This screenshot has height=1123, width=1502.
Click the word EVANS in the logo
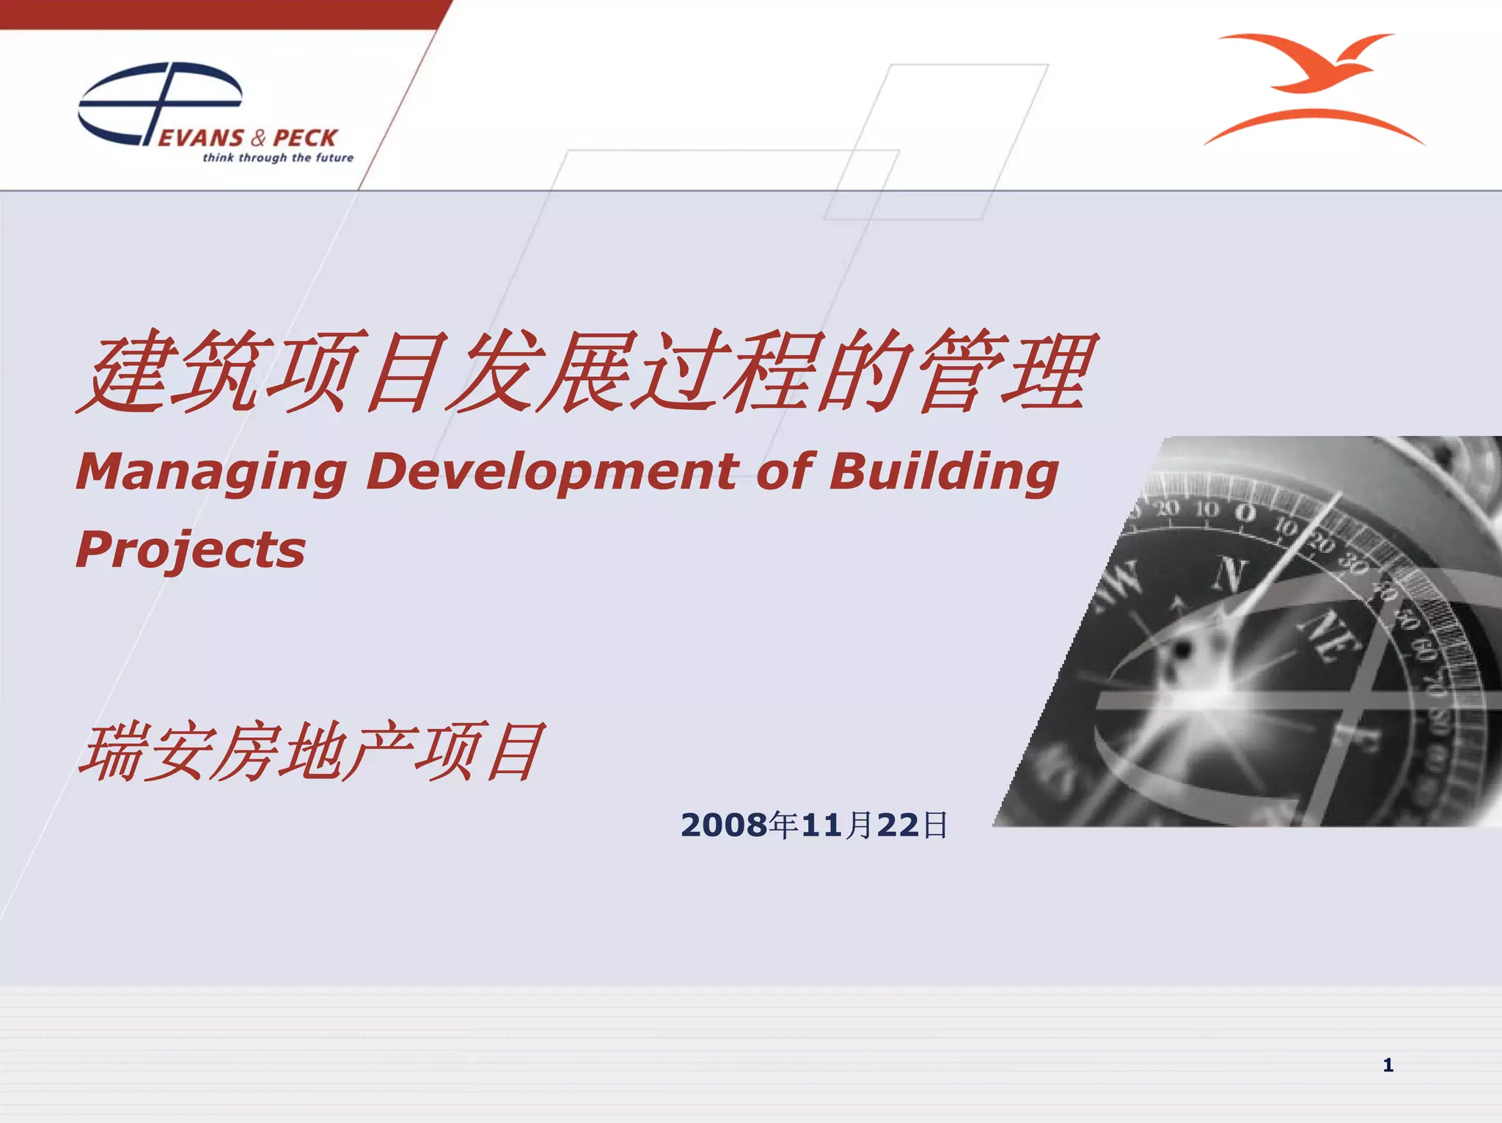click(x=201, y=138)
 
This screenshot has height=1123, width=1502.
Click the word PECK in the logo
click(x=304, y=138)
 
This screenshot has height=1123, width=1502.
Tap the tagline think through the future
click(x=277, y=158)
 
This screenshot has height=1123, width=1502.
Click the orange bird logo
click(x=1313, y=88)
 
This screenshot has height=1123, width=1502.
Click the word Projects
click(x=191, y=550)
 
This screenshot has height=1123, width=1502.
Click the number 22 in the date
click(x=898, y=825)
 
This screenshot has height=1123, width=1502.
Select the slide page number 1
click(x=1388, y=1065)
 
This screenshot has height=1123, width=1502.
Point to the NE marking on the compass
click(x=1331, y=634)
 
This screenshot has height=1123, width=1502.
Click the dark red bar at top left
click(x=220, y=14)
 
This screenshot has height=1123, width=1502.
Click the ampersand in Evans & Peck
click(x=258, y=138)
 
